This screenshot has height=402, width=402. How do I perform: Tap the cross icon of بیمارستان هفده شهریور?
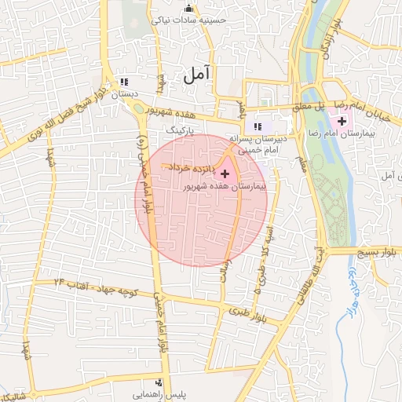click(x=226, y=172)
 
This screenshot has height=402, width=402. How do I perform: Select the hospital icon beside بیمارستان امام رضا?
click(x=342, y=121)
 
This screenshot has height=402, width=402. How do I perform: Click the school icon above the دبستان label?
click(x=123, y=82)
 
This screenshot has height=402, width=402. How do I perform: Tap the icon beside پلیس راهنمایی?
click(x=192, y=387)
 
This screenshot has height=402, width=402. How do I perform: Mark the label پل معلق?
click(x=308, y=105)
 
